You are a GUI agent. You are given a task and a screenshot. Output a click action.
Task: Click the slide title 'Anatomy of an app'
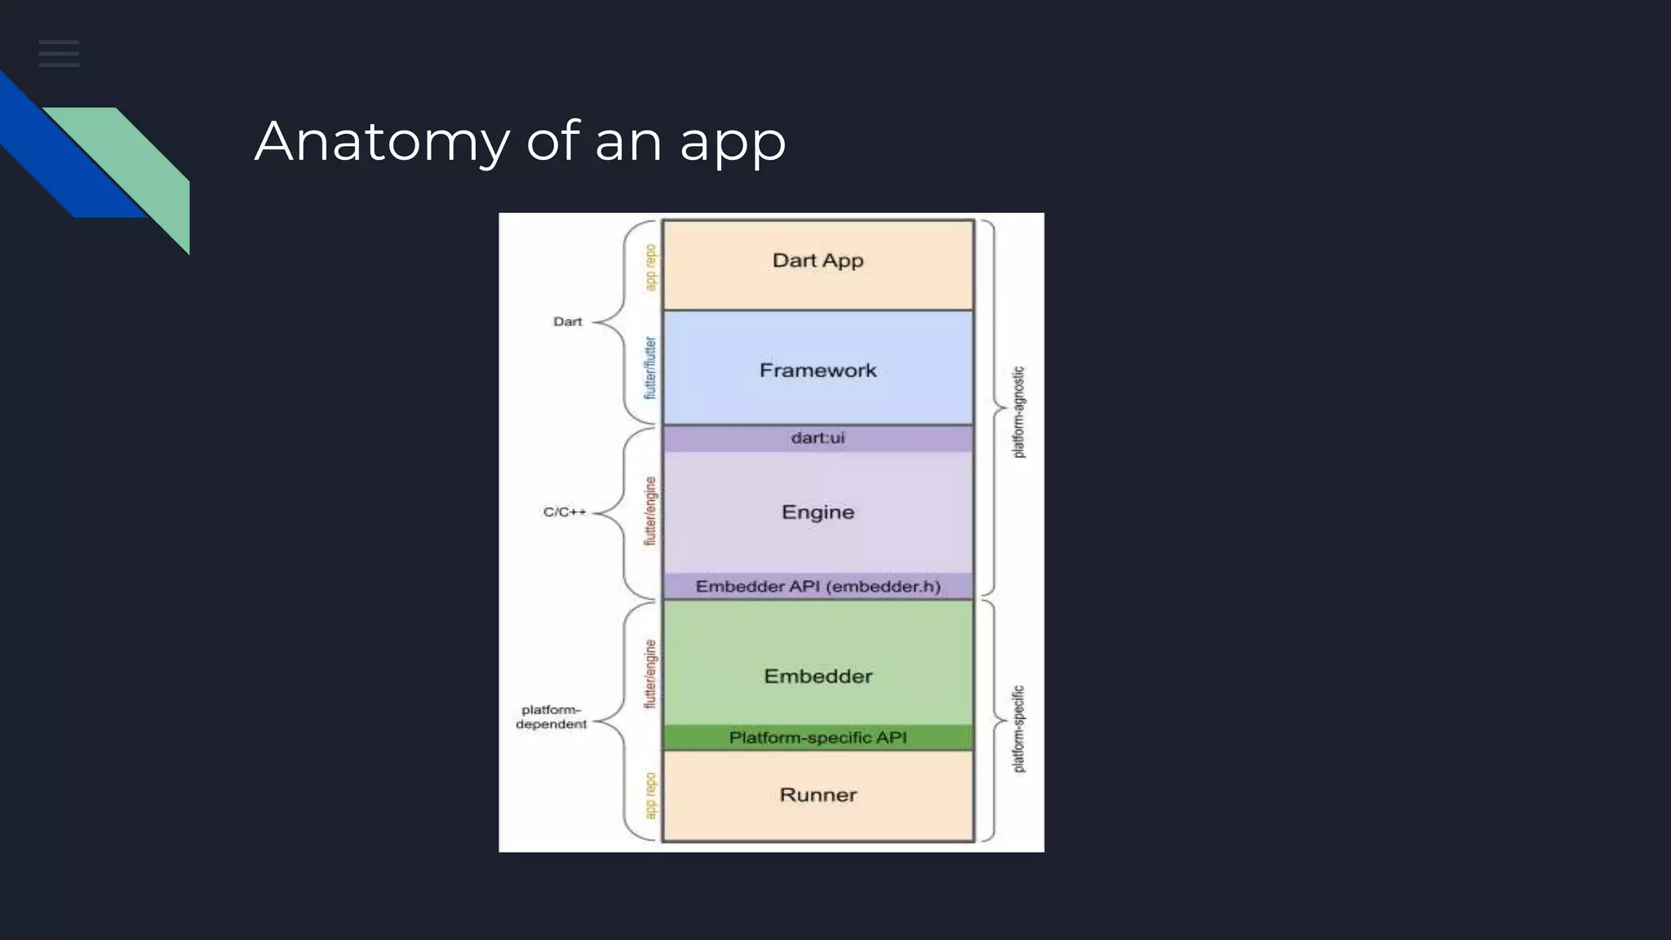tap(520, 142)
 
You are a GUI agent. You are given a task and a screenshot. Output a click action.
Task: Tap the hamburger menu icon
tap(59, 53)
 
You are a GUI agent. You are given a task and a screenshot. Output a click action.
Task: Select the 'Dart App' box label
tap(818, 261)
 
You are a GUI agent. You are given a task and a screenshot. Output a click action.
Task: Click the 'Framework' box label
tap(818, 370)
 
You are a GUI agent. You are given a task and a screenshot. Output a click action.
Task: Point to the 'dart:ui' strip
tap(818, 438)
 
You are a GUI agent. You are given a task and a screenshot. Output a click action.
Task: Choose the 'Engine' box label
tap(818, 512)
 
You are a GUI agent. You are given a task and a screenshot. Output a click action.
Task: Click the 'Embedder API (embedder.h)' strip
tap(818, 587)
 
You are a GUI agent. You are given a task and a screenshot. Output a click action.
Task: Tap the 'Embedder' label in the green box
tap(818, 676)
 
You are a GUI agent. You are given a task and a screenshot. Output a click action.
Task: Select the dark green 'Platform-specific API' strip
tap(818, 738)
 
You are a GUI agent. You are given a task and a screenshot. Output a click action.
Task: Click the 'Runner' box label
tap(818, 795)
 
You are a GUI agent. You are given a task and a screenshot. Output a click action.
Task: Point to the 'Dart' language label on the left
tap(567, 321)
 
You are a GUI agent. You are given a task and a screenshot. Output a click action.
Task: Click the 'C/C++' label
tap(565, 512)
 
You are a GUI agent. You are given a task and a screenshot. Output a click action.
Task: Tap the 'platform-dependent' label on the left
tap(552, 717)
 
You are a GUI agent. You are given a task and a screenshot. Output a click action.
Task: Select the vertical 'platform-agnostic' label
tap(1018, 412)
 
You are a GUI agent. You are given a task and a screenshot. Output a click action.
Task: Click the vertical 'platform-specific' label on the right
tap(1018, 729)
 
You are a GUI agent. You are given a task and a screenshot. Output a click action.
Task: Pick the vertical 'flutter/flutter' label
tap(650, 368)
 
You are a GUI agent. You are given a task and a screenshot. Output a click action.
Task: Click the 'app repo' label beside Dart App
tap(650, 267)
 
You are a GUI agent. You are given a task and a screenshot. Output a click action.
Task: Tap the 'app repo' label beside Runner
tap(650, 796)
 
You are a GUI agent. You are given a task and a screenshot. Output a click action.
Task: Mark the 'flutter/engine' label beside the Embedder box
tap(650, 674)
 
